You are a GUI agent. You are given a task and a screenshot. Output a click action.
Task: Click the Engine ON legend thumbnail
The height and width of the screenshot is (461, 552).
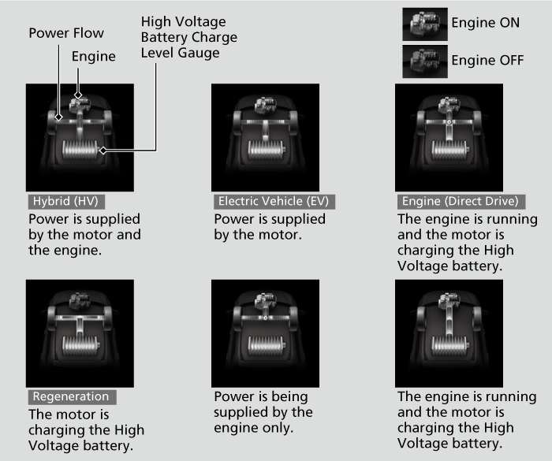tap(425, 24)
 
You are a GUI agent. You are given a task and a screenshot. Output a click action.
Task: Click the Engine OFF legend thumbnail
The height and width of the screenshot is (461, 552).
tap(425, 61)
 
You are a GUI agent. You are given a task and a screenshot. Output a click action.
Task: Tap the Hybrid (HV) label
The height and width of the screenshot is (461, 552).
tap(66, 202)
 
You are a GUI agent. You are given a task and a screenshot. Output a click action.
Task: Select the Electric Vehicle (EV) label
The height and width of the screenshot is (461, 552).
tap(274, 202)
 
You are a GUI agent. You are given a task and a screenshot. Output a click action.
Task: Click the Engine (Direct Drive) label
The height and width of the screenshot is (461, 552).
tap(461, 202)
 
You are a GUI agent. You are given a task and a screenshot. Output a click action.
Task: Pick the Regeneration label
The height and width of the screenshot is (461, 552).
tap(72, 397)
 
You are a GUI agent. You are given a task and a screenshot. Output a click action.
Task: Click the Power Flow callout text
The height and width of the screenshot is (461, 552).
tap(66, 33)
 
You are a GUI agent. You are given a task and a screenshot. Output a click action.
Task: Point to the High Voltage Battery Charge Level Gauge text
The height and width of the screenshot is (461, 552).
tap(189, 37)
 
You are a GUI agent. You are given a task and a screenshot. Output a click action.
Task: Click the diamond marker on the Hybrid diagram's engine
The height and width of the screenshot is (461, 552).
tap(78, 95)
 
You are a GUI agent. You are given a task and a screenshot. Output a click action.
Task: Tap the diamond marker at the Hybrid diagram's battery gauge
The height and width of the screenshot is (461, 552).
tap(103, 151)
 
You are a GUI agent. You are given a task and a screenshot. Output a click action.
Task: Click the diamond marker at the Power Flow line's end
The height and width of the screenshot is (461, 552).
tap(59, 117)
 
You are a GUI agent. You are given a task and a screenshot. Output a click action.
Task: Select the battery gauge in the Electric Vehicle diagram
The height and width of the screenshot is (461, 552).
tap(267, 149)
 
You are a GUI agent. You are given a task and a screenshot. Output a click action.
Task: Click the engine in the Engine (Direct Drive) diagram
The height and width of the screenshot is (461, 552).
tap(449, 104)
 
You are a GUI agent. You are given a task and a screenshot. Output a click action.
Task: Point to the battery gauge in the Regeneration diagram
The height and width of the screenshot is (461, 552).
tap(80, 345)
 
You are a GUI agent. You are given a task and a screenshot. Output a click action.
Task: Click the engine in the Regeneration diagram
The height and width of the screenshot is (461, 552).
tap(80, 300)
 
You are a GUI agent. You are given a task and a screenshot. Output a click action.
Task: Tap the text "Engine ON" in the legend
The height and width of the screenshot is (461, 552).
tap(486, 23)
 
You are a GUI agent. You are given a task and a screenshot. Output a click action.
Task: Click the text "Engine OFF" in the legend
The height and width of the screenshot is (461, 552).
tap(487, 60)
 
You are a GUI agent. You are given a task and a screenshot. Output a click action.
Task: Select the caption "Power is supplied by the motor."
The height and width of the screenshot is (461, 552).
tap(270, 227)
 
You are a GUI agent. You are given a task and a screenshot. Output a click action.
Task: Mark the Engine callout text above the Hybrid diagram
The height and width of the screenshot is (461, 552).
tap(94, 57)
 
